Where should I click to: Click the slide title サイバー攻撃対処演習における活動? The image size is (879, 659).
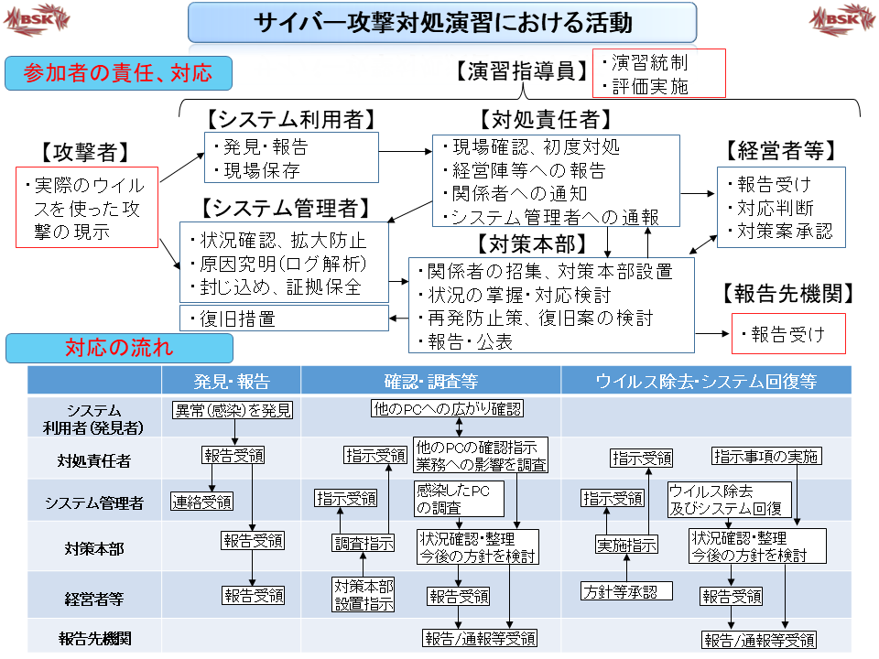click(x=442, y=22)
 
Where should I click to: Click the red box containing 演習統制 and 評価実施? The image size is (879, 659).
click(x=658, y=73)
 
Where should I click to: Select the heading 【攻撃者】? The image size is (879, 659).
click(x=85, y=152)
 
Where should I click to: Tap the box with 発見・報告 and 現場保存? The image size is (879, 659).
click(x=291, y=157)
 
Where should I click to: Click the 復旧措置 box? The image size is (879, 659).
click(x=284, y=319)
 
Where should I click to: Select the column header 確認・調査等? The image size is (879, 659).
click(x=430, y=381)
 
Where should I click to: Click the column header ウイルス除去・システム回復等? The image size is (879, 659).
click(x=705, y=381)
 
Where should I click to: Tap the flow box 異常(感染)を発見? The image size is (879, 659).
click(x=233, y=410)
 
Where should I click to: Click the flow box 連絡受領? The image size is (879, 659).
click(x=201, y=501)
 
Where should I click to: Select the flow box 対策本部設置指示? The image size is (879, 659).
click(x=364, y=594)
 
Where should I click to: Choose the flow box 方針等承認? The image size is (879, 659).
click(x=626, y=591)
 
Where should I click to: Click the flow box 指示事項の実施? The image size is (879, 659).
click(x=766, y=456)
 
